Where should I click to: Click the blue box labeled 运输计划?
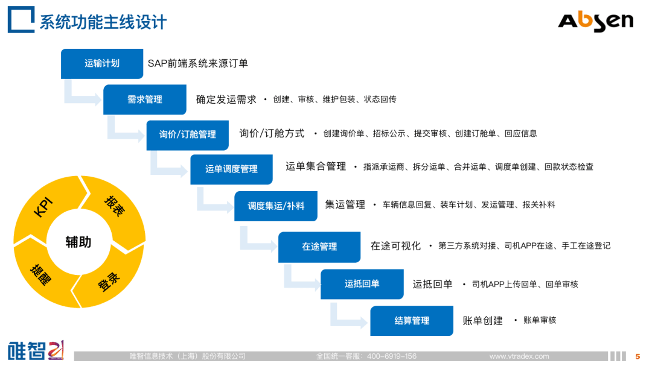pyautogui.click(x=102, y=63)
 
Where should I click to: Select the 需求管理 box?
pyautogui.click(x=144, y=99)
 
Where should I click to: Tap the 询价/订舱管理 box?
pyautogui.click(x=187, y=134)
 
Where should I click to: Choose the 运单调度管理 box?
pyautogui.click(x=231, y=169)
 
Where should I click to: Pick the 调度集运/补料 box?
pyautogui.click(x=276, y=206)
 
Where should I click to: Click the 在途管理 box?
pyautogui.click(x=319, y=247)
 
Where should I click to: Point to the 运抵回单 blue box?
pyautogui.click(x=362, y=283)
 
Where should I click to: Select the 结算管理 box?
pyautogui.click(x=412, y=321)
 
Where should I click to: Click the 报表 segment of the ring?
pyautogui.click(x=114, y=206)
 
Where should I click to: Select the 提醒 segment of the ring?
pyautogui.click(x=41, y=274)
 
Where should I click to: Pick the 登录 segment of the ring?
pyautogui.click(x=109, y=281)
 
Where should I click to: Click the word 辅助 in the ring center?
pyautogui.click(x=78, y=242)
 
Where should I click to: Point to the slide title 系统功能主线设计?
pyautogui.click(x=103, y=23)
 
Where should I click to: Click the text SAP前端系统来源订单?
pyautogui.click(x=198, y=63)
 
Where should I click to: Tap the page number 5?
pyautogui.click(x=638, y=356)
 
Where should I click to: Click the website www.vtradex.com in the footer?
pyautogui.click(x=519, y=356)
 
